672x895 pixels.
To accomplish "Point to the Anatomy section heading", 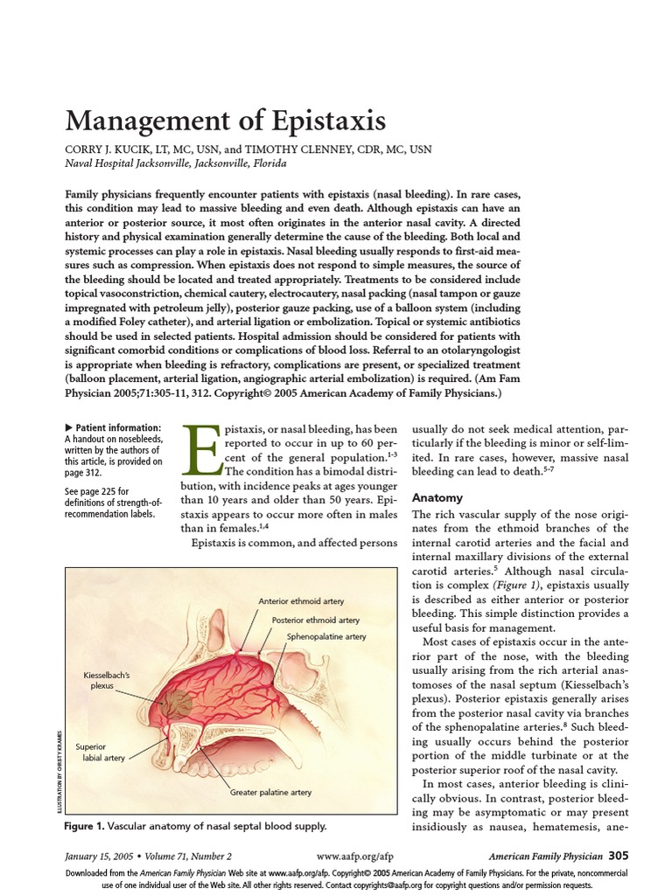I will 437,497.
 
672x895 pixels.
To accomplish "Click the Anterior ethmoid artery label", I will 301,601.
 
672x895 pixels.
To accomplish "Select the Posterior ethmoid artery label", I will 315,620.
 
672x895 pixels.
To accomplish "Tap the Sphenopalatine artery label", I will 326,637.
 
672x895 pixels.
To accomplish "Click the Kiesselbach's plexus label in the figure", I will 107,682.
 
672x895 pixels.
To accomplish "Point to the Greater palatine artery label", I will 270,792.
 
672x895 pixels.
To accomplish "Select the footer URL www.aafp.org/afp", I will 353,856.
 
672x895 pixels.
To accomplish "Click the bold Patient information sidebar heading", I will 115,427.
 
